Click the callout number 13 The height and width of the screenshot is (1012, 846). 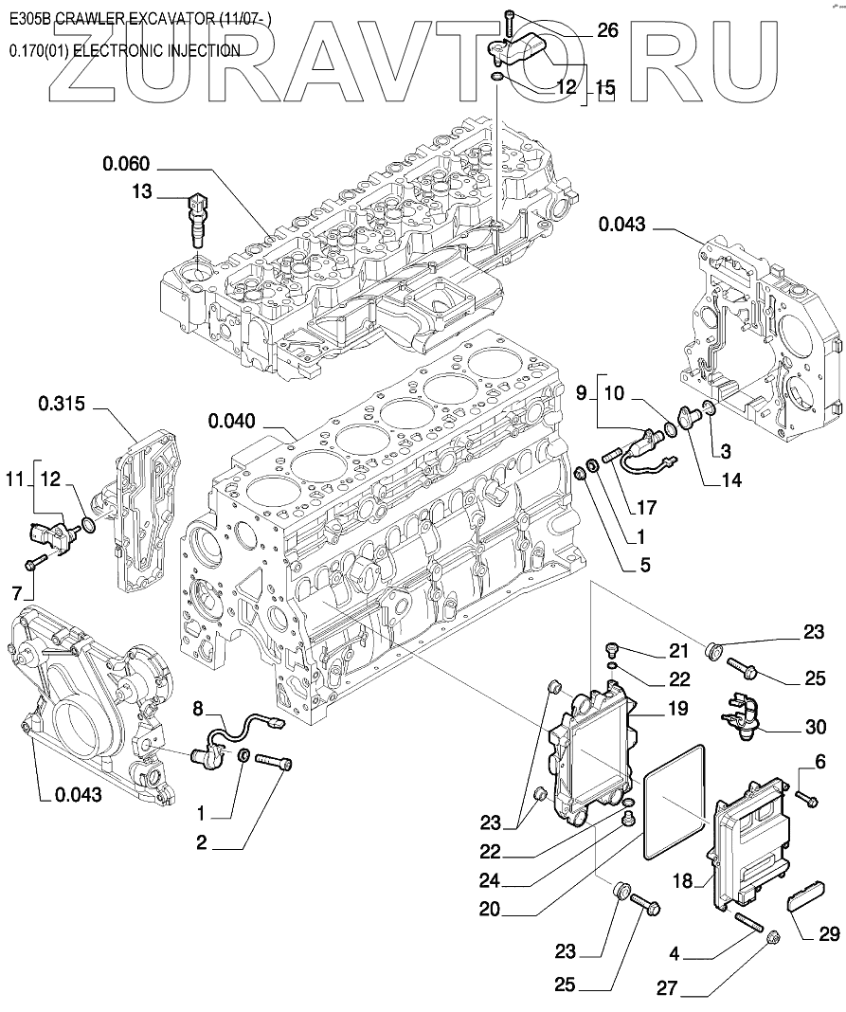coord(141,191)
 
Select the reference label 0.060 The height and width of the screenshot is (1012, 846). coord(126,163)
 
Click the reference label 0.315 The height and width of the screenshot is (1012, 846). coord(62,404)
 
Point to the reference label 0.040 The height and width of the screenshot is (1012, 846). coord(232,422)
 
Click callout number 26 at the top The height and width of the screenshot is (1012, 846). coord(607,29)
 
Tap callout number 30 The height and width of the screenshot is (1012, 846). coord(816,727)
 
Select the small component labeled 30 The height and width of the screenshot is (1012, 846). coord(741,712)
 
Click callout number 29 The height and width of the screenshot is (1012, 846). coord(830,933)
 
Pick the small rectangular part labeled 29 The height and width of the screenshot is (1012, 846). coord(801,901)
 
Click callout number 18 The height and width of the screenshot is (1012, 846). coord(683,881)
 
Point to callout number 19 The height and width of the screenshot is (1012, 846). coord(677,709)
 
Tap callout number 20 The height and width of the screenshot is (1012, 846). coord(491,910)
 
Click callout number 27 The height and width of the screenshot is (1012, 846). coord(668,987)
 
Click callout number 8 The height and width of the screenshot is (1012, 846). coord(198,709)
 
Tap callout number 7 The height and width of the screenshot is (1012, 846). coord(17,591)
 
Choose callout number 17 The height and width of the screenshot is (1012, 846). coord(646,507)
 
